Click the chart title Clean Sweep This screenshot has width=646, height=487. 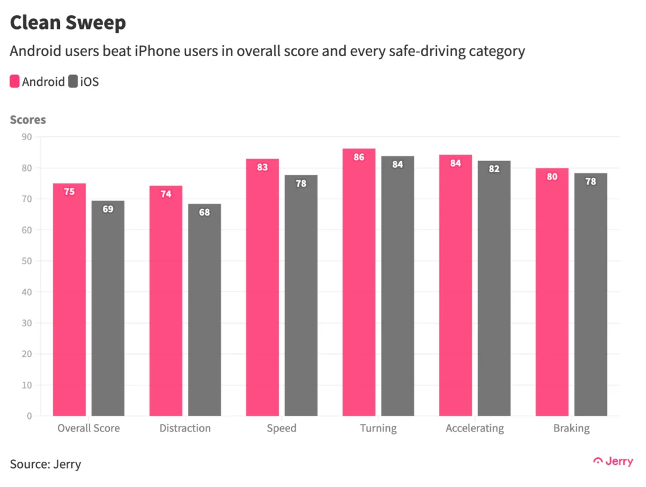68,23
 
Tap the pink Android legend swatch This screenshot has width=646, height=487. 15,81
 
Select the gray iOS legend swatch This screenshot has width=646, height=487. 73,81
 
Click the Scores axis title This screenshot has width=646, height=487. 28,119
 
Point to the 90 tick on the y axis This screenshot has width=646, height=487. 26,137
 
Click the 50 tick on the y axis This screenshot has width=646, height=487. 26,261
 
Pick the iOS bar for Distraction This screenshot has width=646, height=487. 204,310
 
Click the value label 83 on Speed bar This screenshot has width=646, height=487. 262,167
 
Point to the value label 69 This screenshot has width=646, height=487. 108,209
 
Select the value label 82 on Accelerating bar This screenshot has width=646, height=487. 494,169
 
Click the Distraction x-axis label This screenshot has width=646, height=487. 185,428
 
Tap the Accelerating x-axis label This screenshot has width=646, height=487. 474,428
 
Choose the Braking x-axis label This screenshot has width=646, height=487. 571,428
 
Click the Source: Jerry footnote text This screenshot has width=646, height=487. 45,464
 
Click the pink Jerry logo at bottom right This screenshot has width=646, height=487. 613,461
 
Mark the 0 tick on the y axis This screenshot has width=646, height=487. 29,416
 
